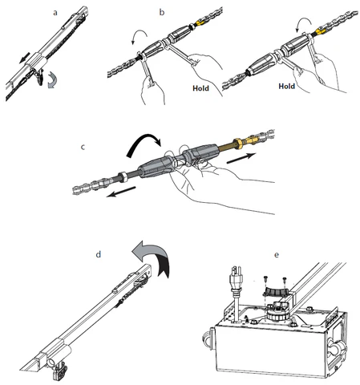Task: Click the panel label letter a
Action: [55, 13]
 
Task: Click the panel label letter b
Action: [162, 12]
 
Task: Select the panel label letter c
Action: [83, 147]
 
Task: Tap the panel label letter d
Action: [99, 254]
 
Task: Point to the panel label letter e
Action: [277, 254]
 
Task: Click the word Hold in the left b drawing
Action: [200, 88]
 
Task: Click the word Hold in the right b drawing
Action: [287, 86]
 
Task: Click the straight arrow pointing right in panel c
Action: [241, 158]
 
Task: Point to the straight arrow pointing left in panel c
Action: [121, 192]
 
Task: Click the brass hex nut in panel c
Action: [237, 143]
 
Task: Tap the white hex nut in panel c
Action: [123, 176]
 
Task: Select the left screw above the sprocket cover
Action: [266, 279]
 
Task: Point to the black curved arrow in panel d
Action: [164, 266]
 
